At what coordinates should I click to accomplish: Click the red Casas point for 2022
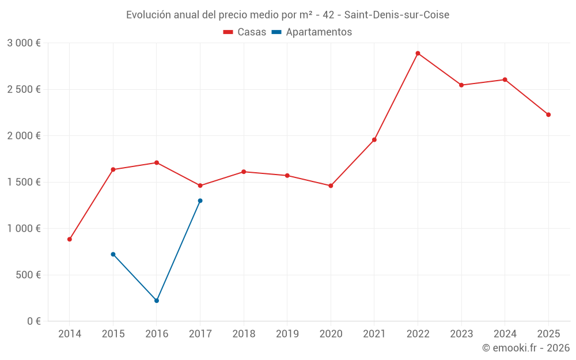(x=418, y=53)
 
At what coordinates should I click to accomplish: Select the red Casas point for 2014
(x=70, y=239)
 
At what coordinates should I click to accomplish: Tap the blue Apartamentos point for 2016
(x=157, y=301)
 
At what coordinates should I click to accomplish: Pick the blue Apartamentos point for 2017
(x=200, y=200)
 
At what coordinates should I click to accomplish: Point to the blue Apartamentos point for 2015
(x=113, y=254)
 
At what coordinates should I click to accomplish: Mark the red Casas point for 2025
(x=548, y=115)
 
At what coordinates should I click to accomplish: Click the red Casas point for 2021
(x=374, y=139)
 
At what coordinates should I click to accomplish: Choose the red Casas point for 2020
(x=331, y=185)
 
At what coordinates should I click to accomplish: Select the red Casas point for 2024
(x=505, y=79)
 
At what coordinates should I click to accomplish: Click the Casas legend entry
(x=245, y=32)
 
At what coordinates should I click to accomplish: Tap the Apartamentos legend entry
(x=312, y=32)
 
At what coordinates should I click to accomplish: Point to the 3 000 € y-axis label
(x=24, y=43)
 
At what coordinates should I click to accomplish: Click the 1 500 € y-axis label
(x=24, y=182)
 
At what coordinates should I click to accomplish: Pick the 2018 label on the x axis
(x=244, y=334)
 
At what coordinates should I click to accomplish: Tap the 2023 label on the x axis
(x=461, y=334)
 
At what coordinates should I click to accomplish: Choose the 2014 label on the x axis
(x=70, y=334)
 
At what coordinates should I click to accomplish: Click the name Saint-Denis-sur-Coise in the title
(x=396, y=15)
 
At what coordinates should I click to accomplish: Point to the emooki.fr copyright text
(x=526, y=348)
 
